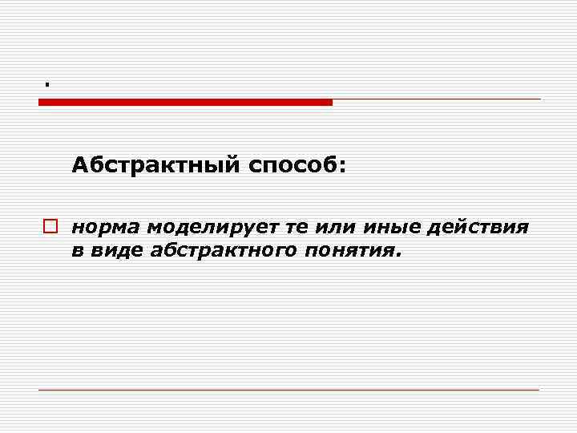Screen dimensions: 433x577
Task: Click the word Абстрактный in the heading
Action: [155, 165]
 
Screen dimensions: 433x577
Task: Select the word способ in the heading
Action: [293, 166]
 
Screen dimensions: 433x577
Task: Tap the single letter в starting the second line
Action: [77, 251]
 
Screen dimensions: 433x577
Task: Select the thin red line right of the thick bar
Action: [437, 99]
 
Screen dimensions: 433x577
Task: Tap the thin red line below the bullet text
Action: [288, 390]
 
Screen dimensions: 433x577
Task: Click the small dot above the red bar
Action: [47, 83]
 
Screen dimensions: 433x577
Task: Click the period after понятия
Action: [394, 256]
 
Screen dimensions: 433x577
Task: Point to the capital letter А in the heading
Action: [79, 165]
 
